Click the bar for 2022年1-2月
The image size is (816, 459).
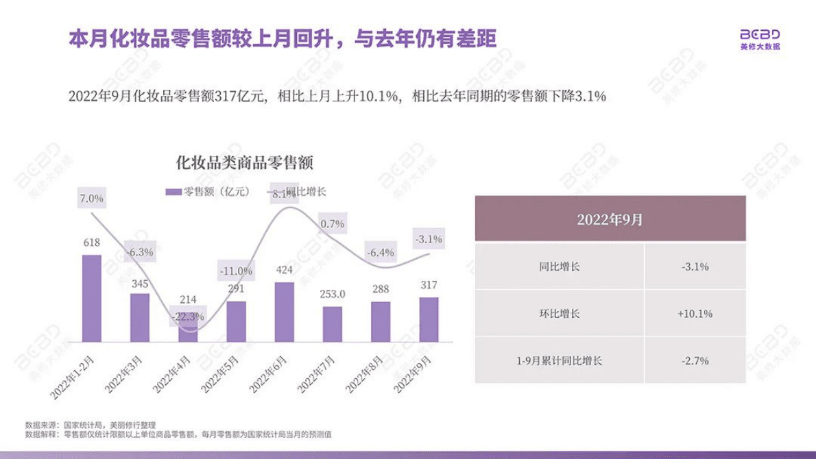(x=91, y=298)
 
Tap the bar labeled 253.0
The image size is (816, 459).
(x=332, y=324)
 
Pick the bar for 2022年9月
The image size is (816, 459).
(x=429, y=319)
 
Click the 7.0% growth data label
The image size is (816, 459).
(x=91, y=199)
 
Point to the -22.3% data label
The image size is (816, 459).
(x=188, y=317)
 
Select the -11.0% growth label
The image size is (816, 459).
(x=236, y=271)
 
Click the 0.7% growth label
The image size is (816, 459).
(x=332, y=223)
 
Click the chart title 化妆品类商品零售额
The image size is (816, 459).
(x=244, y=164)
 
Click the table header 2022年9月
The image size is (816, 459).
(x=610, y=219)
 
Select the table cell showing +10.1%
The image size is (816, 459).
(x=694, y=314)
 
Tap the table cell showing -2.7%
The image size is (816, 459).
(x=694, y=360)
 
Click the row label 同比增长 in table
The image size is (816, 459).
(x=560, y=266)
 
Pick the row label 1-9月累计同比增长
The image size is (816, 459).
(x=560, y=360)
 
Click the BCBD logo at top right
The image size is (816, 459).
(x=760, y=40)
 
